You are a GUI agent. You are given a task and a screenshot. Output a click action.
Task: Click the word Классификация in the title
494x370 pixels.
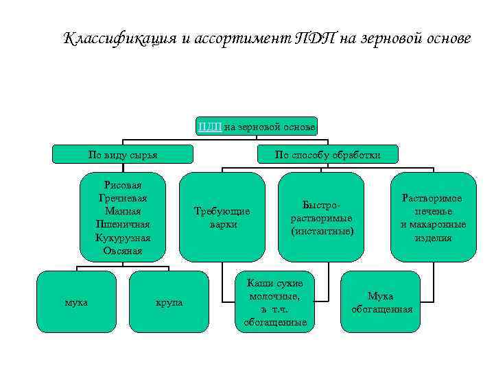point(116,38)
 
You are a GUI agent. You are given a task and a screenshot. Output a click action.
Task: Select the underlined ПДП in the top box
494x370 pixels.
point(209,126)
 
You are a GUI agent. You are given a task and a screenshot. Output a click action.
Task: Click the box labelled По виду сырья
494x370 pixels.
point(123,155)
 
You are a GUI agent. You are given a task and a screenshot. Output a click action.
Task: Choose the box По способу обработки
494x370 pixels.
point(327,155)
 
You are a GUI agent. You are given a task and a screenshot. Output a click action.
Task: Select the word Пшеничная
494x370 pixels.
point(123,224)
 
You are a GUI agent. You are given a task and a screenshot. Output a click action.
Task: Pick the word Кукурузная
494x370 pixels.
point(123,237)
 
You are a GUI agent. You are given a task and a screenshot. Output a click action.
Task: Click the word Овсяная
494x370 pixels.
point(123,251)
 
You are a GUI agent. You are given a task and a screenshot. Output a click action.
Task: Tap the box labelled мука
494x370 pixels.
point(76,302)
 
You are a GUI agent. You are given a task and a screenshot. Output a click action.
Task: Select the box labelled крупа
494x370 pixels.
point(169,302)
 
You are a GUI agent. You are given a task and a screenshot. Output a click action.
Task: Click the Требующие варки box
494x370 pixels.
point(222,217)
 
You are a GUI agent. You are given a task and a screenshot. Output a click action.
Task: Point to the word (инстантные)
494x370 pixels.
point(322,232)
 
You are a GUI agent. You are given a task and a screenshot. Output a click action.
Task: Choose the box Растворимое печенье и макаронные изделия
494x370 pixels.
point(433,217)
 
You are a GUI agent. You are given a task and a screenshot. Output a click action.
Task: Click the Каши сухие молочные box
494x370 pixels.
point(270,302)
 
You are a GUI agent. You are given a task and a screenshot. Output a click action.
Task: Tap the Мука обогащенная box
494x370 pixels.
point(381,302)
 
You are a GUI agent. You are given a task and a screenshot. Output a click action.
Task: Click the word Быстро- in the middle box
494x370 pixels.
point(322,204)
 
